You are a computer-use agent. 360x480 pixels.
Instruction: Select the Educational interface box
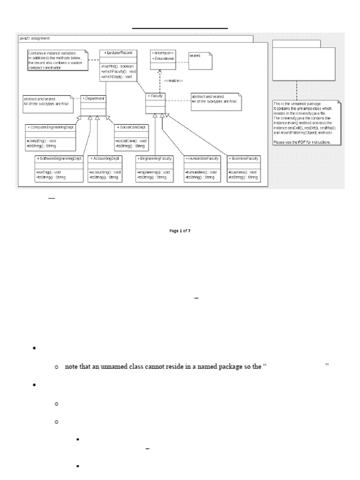tap(162, 59)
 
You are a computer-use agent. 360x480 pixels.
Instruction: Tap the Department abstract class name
tap(94, 98)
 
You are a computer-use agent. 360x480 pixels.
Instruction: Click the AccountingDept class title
tap(105, 159)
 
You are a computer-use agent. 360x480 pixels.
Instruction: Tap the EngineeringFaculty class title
tap(155, 159)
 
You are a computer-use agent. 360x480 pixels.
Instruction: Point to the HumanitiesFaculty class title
tap(202, 159)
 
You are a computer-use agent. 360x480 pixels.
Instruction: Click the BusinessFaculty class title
tap(244, 159)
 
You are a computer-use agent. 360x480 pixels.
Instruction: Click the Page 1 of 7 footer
tap(180, 231)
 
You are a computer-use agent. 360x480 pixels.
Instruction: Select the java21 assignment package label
tap(33, 38)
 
